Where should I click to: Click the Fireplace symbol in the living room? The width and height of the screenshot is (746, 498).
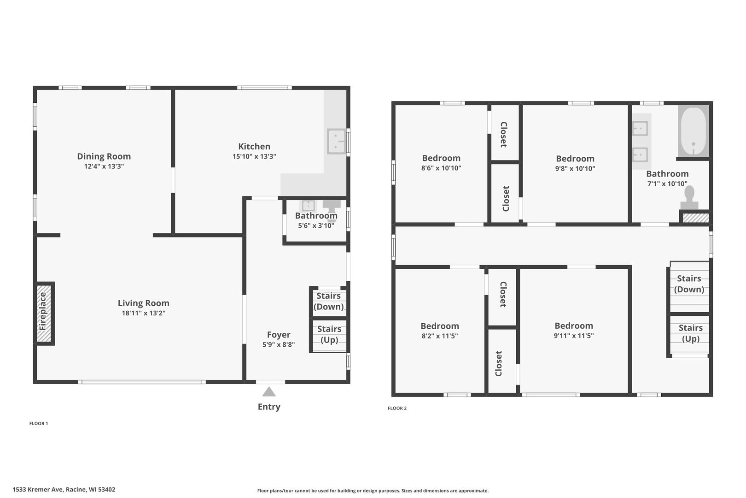coord(45,313)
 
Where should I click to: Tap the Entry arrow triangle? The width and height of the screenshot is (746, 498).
coord(269,392)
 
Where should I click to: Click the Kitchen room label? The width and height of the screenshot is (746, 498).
coord(254,146)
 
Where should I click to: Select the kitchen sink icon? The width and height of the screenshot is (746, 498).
coord(336,141)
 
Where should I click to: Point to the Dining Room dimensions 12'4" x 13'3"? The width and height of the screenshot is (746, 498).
coord(104,166)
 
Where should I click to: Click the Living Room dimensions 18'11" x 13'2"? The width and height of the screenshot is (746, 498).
coord(143,313)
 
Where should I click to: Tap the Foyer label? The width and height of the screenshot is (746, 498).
coord(279,335)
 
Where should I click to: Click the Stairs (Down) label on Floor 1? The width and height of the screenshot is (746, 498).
coord(329,301)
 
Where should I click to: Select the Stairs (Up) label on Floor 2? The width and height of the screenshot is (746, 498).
coord(690,333)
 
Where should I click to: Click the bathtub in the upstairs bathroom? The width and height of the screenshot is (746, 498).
coord(693,131)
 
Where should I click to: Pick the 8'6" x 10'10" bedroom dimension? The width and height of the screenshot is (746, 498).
coord(441,168)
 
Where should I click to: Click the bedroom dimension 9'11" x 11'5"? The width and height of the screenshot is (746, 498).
coord(573,336)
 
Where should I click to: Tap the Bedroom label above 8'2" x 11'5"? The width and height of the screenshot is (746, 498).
coord(439,326)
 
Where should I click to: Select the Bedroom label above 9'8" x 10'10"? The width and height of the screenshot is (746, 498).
coord(575,158)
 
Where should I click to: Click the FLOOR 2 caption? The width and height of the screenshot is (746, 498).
coord(397,408)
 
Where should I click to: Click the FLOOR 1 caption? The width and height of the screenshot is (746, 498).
coord(39,423)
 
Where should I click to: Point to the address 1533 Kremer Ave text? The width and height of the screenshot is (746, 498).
coord(64,490)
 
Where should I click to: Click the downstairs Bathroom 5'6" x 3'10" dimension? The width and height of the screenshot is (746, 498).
coord(316,225)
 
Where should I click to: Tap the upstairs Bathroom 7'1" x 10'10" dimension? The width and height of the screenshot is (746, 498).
coord(667,184)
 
